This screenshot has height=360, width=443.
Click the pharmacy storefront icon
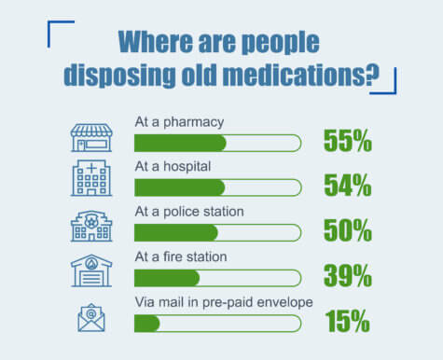(91, 136)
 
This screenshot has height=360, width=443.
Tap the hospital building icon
(91, 178)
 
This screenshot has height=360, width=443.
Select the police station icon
(91, 226)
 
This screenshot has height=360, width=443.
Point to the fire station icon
(91, 270)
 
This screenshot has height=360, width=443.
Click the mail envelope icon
(91, 317)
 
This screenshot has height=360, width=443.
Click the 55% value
(347, 141)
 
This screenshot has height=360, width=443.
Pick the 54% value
(347, 186)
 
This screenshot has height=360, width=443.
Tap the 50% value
(347, 231)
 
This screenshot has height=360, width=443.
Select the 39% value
(347, 276)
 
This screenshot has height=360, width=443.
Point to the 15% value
(347, 322)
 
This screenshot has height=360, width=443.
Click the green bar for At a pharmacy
(180, 143)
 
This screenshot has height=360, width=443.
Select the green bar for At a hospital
(179, 187)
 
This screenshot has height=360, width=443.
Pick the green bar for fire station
(167, 278)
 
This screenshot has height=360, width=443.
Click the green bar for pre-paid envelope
(147, 324)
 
